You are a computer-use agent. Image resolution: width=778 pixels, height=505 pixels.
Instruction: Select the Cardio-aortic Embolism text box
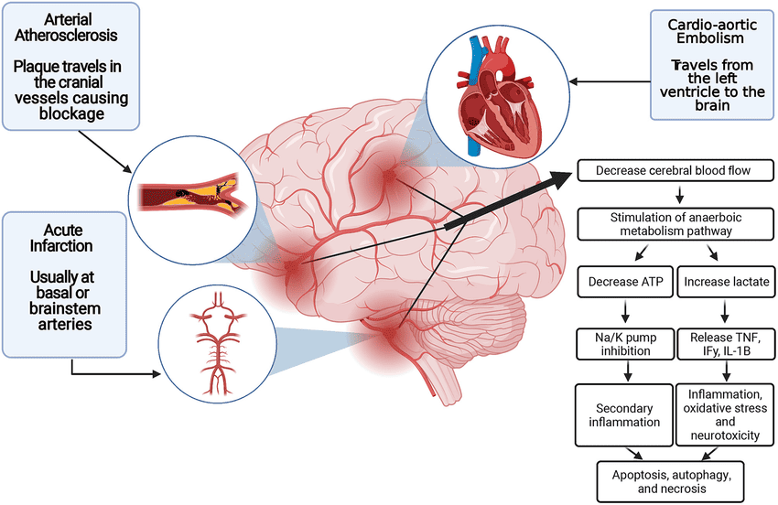[x=706, y=64]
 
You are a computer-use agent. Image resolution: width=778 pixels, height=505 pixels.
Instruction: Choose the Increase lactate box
[x=727, y=279]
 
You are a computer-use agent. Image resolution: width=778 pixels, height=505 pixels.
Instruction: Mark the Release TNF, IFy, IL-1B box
[x=727, y=344]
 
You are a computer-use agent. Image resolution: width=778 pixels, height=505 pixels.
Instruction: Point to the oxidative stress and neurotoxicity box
[x=727, y=414]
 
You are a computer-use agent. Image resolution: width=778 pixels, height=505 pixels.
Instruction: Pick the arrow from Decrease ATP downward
[x=625, y=311]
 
